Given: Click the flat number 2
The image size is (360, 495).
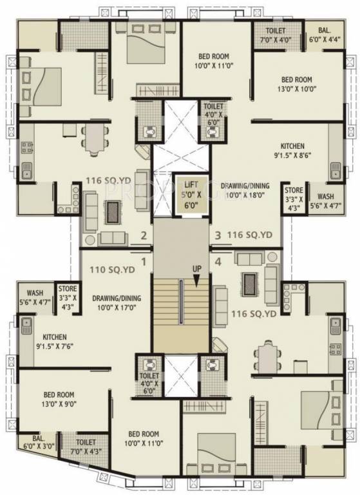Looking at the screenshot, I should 145,237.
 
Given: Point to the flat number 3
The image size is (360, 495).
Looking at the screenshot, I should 218,236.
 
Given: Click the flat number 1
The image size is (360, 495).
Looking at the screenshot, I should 144,262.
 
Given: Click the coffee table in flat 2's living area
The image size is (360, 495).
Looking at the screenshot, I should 112,210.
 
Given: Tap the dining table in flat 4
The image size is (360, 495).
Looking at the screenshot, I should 265,353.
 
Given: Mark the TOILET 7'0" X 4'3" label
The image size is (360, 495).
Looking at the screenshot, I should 86,447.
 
